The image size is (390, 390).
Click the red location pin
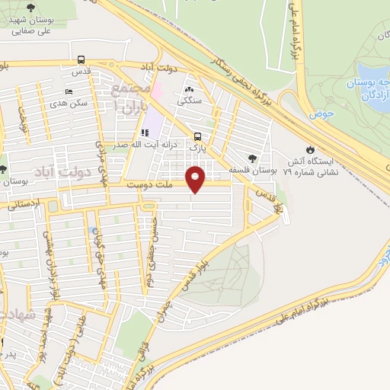pyautogui.click(x=197, y=178)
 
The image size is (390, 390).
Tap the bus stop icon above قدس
pyautogui.click(x=81, y=60)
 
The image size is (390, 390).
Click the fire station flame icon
pyautogui.click(x=310, y=150)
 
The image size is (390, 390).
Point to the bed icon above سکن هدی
pyautogui.click(x=69, y=91)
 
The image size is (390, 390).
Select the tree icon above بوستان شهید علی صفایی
pyautogui.click(x=30, y=8)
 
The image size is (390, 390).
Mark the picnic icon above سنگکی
pyautogui.click(x=189, y=91)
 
